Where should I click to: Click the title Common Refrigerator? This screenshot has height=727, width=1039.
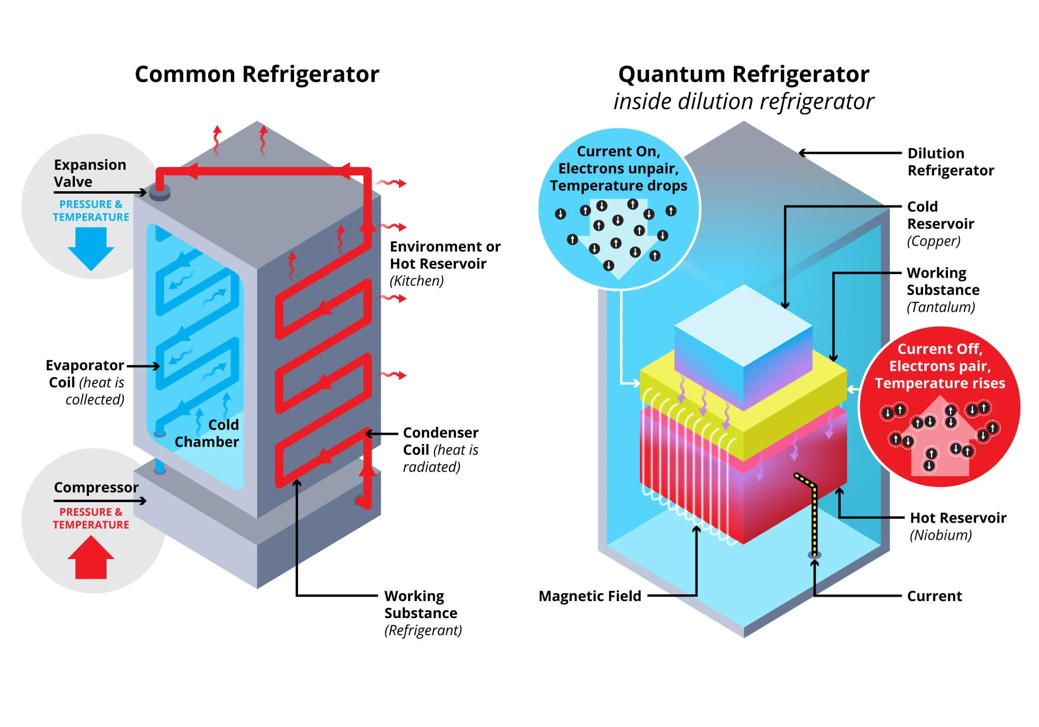(256, 74)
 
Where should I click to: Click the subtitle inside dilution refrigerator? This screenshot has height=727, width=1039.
(743, 101)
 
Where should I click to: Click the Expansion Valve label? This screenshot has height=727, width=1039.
(90, 173)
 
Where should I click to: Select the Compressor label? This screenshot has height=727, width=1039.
(96, 488)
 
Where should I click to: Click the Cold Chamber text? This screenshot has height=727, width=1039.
(207, 433)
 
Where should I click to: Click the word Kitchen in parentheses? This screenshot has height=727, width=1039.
(416, 281)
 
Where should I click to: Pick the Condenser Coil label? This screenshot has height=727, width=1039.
(440, 441)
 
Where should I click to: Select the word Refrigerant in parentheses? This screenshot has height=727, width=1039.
(423, 631)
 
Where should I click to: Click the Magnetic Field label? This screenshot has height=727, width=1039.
(590, 596)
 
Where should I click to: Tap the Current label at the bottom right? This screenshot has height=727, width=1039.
(934, 596)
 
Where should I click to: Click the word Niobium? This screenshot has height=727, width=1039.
(941, 535)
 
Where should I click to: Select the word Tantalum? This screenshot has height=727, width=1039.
(941, 307)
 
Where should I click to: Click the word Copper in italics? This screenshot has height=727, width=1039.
(933, 241)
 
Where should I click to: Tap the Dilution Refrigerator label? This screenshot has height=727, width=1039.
(950, 162)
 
